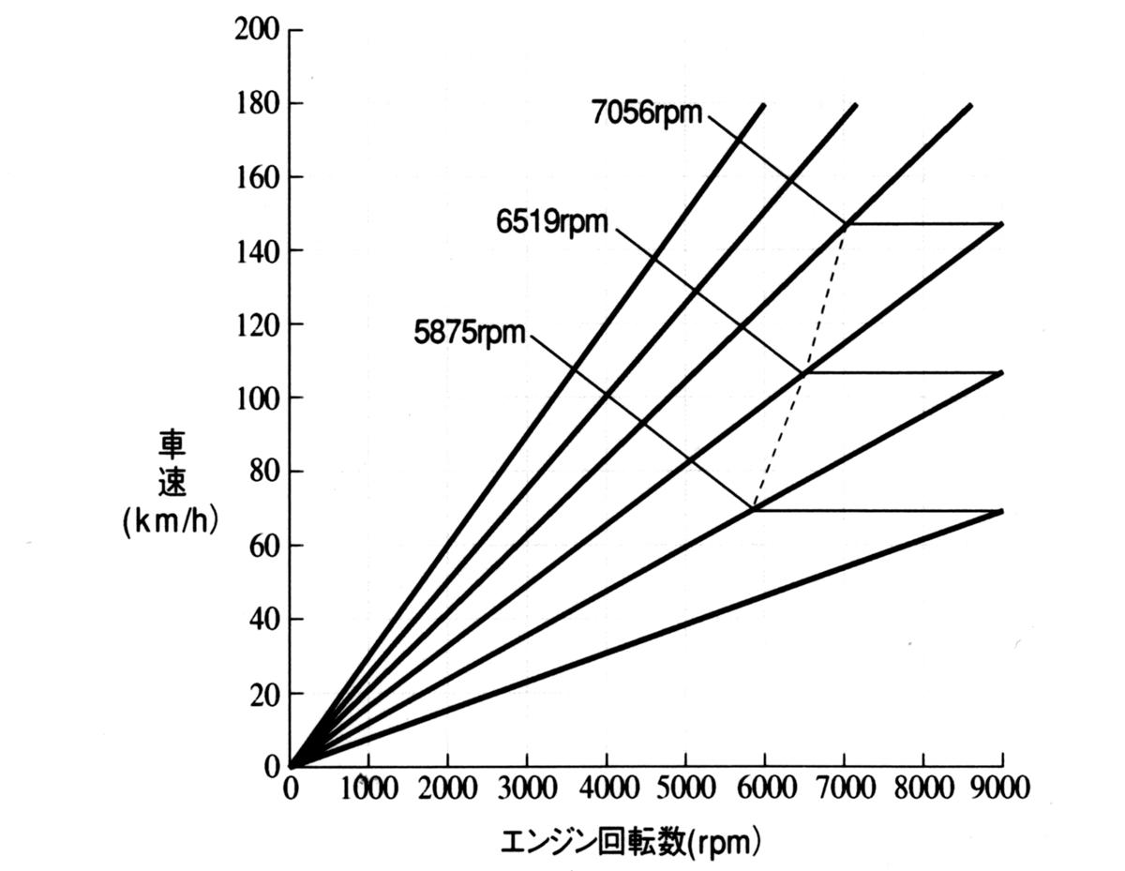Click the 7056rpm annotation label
pos(647,113)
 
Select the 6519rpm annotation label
pos(552,223)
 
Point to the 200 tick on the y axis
pos(255,30)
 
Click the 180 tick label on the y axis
pos(255,103)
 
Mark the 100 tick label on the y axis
pos(255,398)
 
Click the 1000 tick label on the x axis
pos(368,788)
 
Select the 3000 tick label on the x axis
pos(527,788)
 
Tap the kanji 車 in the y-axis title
pos(171,444)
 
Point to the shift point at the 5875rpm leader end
pos(755,510)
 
